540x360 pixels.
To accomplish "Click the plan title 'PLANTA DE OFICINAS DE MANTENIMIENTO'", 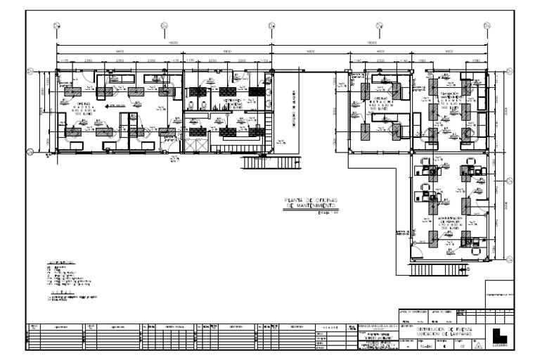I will point(310,204).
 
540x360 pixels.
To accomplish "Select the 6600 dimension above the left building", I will point(226,53).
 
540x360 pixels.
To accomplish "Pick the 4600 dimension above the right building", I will point(379,53).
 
